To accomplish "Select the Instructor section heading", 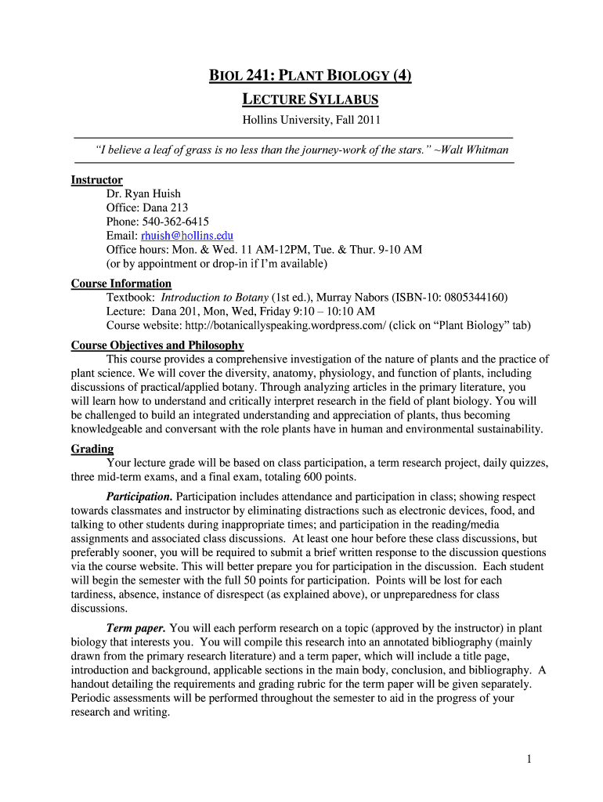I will (x=96, y=180).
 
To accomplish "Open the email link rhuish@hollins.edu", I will (x=186, y=236).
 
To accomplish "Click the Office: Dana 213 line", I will (x=146, y=208).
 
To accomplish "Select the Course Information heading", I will (x=121, y=284).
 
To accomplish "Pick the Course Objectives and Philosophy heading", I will (x=157, y=345).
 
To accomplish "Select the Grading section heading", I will (x=92, y=449).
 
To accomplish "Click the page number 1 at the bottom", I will (x=529, y=759).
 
